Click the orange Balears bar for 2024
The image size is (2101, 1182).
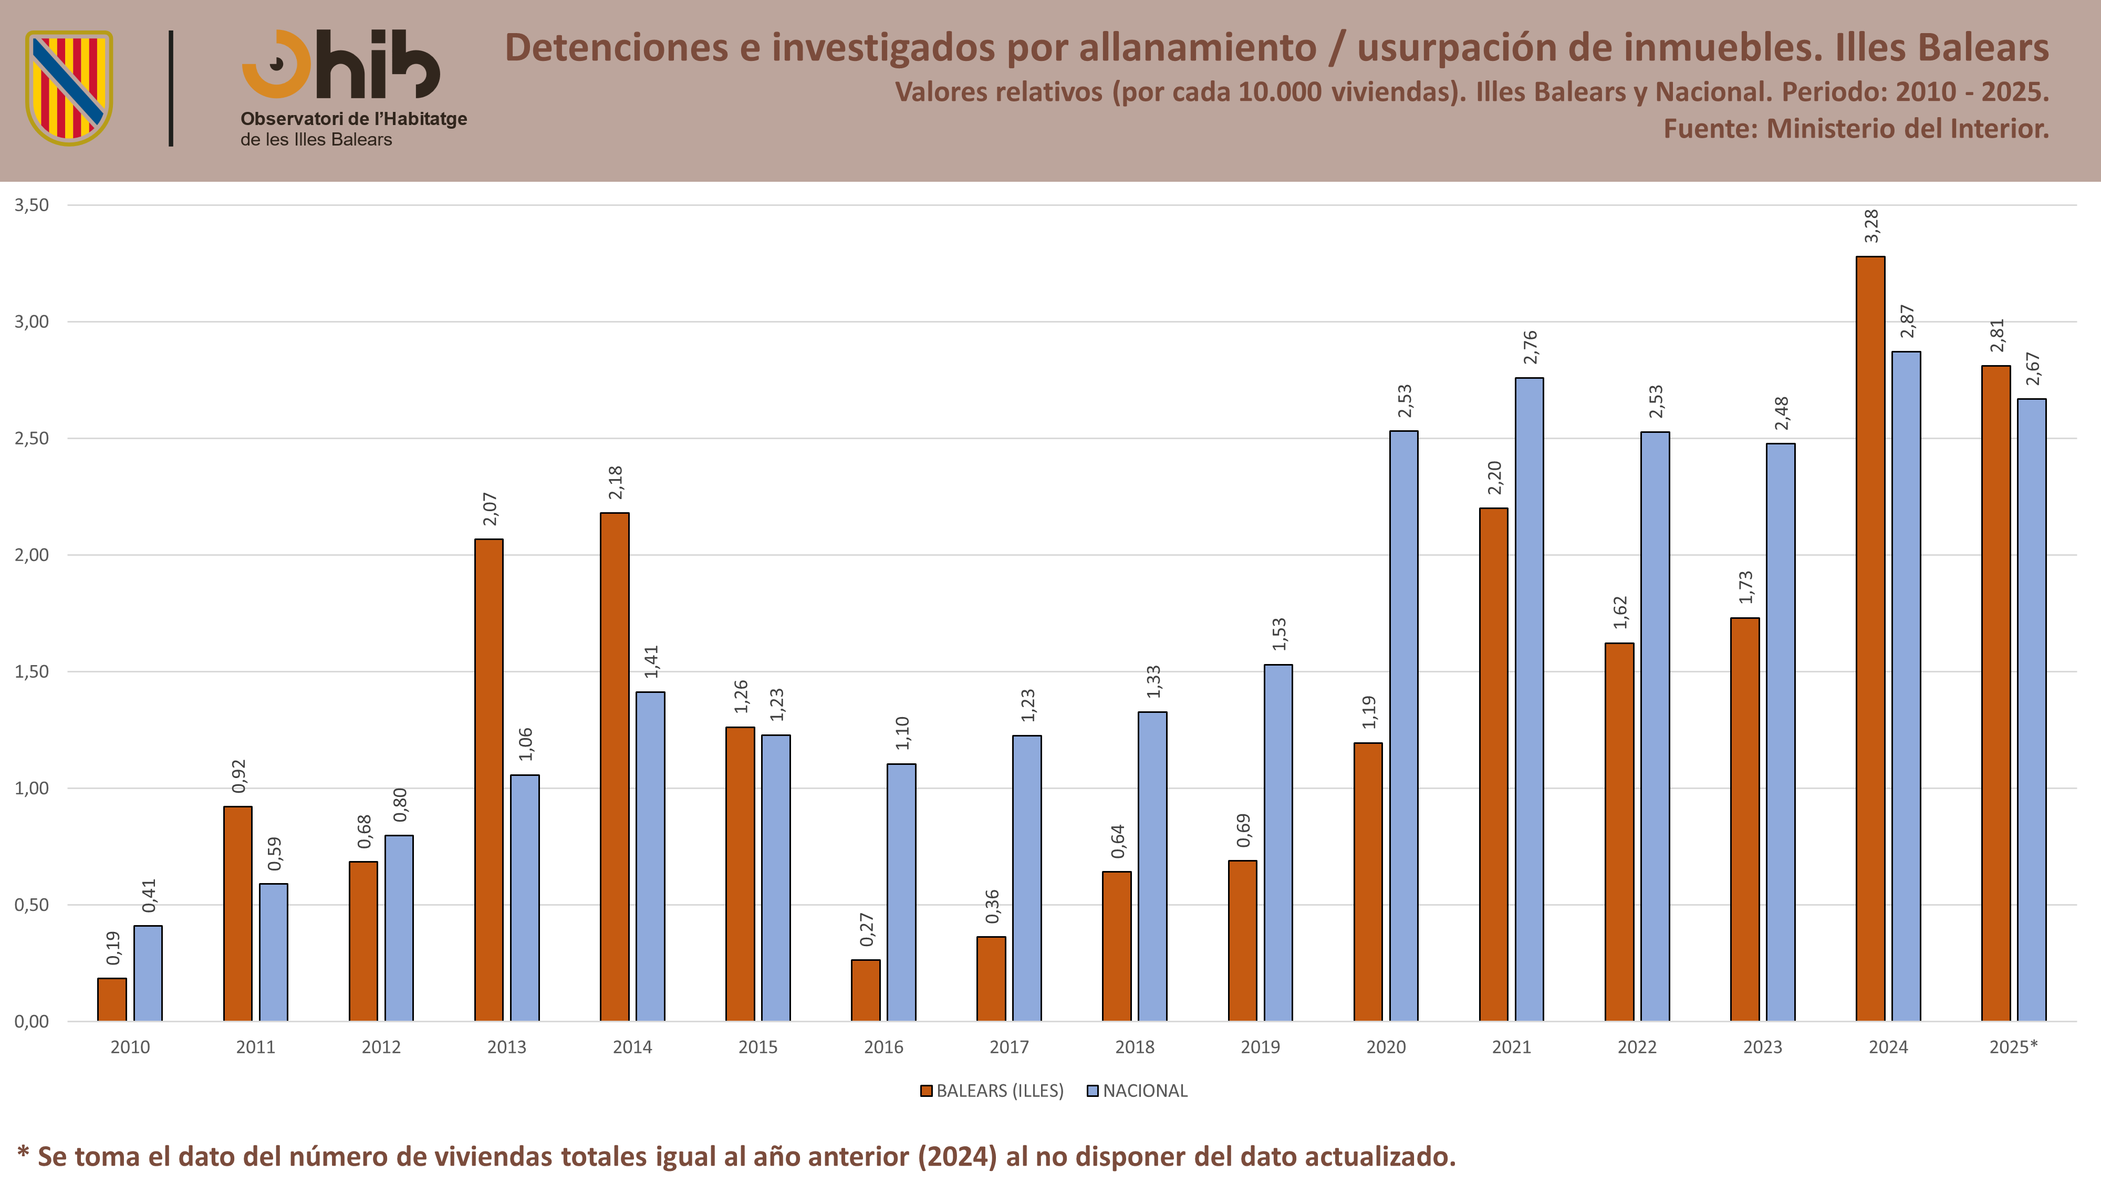coord(1870,639)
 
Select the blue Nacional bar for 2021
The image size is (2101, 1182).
coord(1529,699)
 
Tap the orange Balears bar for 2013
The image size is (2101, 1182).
coord(488,780)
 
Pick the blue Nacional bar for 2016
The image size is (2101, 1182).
coord(901,893)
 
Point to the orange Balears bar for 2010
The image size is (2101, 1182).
coord(112,999)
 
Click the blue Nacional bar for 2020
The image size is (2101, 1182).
coord(1403,726)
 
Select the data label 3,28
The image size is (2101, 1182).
coord(1872,226)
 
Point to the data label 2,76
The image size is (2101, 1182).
coord(1530,347)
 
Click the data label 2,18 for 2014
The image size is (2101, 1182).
coord(616,483)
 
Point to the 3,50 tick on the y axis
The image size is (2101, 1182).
coord(32,205)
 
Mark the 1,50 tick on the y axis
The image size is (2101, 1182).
coord(32,671)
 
